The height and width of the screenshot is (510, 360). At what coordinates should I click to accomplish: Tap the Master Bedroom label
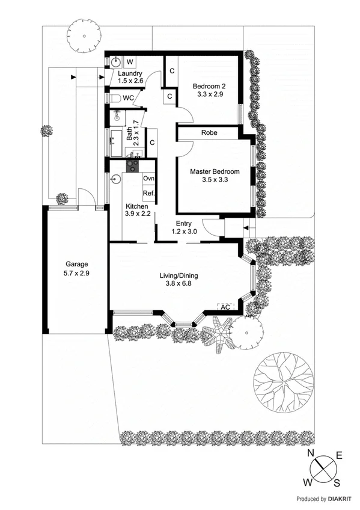[x=215, y=176]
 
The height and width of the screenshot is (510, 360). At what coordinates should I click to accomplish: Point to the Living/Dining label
[x=178, y=280]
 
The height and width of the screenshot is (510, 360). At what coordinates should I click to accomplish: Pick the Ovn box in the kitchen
[x=148, y=179]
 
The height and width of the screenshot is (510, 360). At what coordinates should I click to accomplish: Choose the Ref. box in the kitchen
[x=148, y=193]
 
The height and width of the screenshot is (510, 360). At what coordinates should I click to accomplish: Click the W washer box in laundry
[x=130, y=61]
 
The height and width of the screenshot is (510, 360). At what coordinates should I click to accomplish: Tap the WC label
[x=128, y=97]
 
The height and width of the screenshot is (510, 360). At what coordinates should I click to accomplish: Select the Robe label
[x=209, y=133]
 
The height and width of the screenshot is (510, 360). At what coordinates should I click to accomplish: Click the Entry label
[x=183, y=227]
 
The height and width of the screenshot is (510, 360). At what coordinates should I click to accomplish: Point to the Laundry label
[x=130, y=76]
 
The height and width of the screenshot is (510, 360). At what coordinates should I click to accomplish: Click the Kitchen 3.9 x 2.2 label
[x=137, y=210]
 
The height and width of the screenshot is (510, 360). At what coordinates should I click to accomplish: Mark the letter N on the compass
[x=311, y=454]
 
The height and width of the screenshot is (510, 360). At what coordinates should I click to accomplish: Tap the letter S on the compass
[x=337, y=482]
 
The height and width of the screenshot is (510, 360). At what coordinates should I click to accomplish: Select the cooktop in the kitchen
[x=132, y=164]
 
